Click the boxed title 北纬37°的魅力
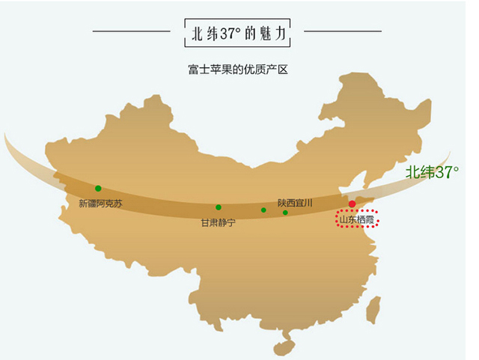pyautogui.click(x=238, y=34)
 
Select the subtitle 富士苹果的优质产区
pyautogui.click(x=238, y=70)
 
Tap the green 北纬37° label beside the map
pyautogui.click(x=432, y=172)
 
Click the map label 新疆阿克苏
pyautogui.click(x=100, y=204)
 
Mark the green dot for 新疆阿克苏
pyautogui.click(x=98, y=189)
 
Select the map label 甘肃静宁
pyautogui.click(x=218, y=223)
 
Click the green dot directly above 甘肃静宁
pyautogui.click(x=219, y=207)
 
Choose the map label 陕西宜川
pyautogui.click(x=294, y=203)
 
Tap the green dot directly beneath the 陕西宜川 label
pyautogui.click(x=285, y=213)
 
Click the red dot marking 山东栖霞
pyautogui.click(x=352, y=204)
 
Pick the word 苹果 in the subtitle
pyautogui.click(x=219, y=70)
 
